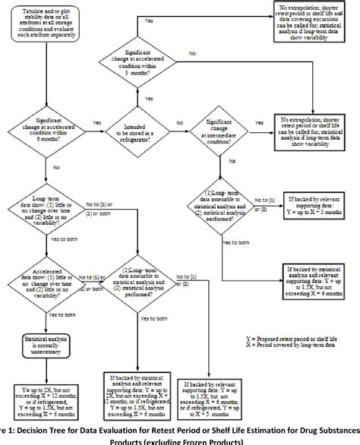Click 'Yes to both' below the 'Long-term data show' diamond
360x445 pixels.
(61, 239)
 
